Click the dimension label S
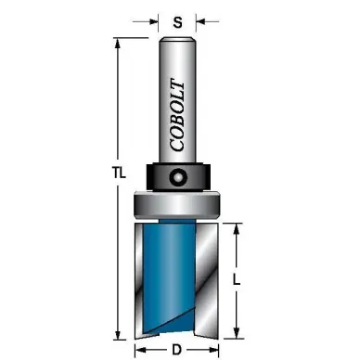177,22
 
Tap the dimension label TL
119,174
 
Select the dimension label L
237,280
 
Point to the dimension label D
176,350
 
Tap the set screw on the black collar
178,177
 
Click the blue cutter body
169,276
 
